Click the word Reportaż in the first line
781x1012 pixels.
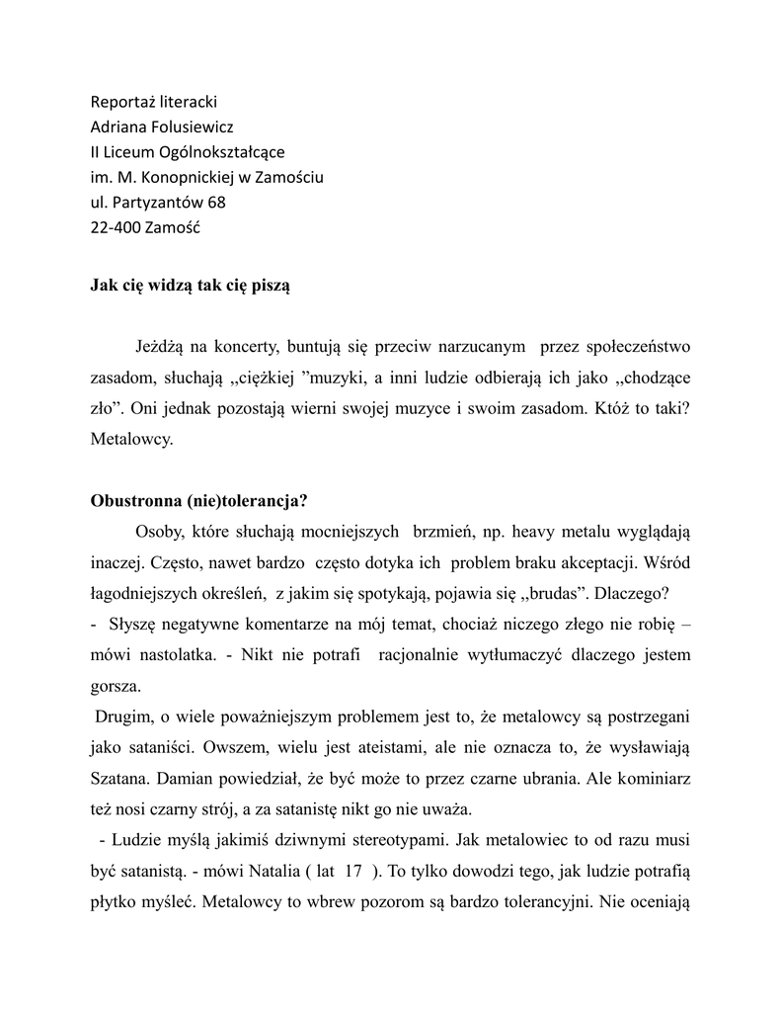123,102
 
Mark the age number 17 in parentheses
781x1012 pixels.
353,873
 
